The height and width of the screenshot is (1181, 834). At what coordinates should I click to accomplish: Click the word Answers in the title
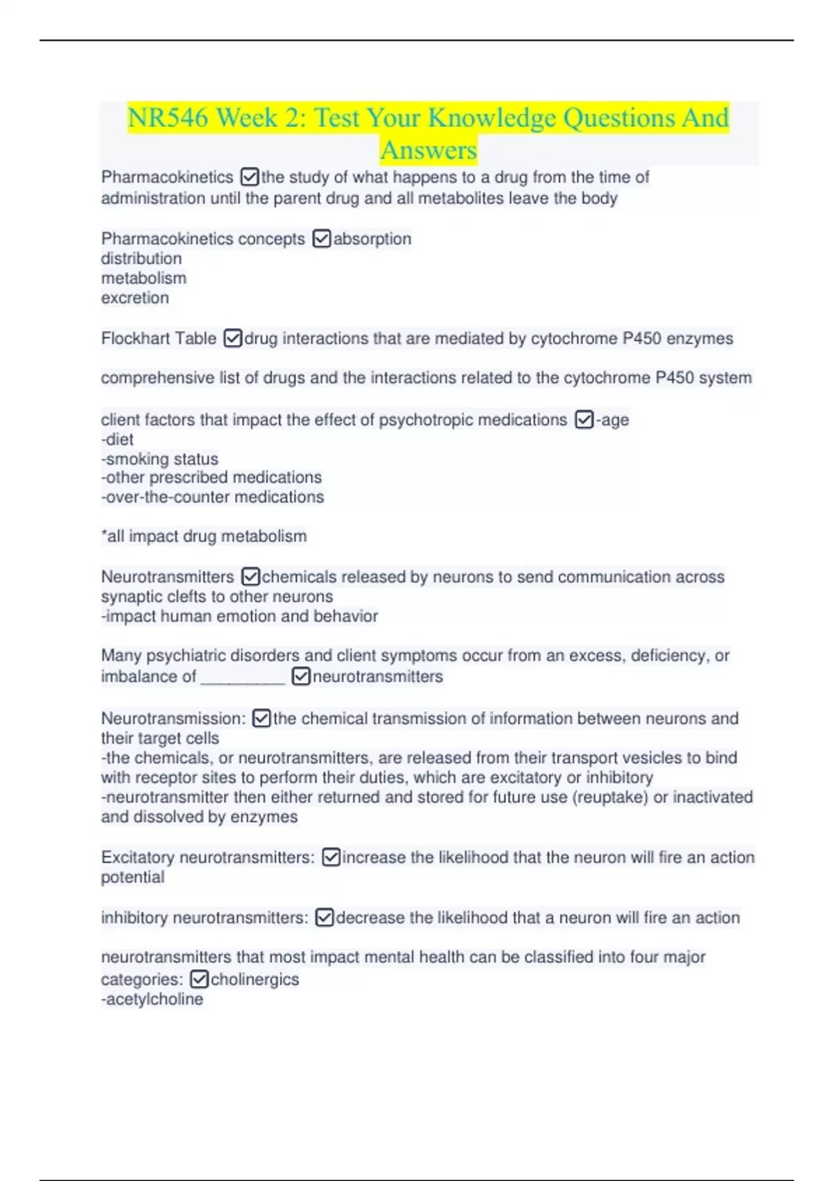(428, 150)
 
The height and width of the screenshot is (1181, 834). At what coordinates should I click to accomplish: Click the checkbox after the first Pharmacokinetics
(249, 177)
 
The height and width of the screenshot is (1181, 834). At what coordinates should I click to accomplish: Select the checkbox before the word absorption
(322, 239)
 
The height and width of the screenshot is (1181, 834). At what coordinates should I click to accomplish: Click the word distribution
(141, 258)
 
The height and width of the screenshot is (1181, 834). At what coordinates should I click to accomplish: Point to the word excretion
(135, 298)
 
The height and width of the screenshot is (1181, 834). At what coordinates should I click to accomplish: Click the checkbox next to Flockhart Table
(233, 338)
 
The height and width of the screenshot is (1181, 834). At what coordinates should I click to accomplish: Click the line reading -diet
(117, 439)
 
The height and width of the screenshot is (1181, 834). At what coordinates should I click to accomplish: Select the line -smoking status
(159, 459)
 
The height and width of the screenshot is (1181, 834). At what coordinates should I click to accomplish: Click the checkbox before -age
(584, 420)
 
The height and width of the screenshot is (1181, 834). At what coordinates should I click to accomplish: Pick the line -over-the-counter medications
(212, 497)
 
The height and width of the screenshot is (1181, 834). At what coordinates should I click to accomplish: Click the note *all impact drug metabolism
(204, 536)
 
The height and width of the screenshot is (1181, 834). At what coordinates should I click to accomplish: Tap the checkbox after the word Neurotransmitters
(250, 577)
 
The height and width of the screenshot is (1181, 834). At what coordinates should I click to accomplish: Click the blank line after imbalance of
(243, 677)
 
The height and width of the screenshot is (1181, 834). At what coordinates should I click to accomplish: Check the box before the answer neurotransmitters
(301, 677)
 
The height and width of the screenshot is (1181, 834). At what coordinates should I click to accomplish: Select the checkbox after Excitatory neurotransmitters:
(331, 857)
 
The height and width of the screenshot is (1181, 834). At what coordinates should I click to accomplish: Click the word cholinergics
(254, 980)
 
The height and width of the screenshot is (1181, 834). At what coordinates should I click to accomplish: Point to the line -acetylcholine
(152, 999)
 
